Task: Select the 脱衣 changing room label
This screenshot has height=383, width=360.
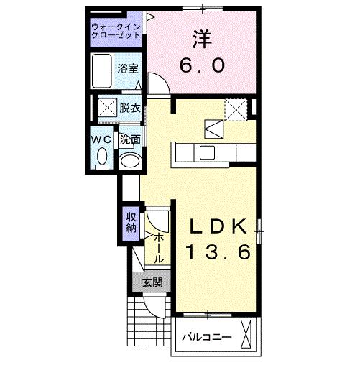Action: [130, 108]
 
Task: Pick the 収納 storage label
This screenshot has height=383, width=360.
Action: [131, 223]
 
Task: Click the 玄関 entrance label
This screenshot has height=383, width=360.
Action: [152, 283]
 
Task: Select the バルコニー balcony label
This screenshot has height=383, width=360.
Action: [206, 336]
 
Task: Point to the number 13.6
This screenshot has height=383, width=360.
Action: [219, 252]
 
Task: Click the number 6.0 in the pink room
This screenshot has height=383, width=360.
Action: [202, 65]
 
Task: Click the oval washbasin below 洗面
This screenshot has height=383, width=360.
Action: [129, 161]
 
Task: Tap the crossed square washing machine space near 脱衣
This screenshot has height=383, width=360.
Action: [107, 109]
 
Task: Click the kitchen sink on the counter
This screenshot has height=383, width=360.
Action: [207, 152]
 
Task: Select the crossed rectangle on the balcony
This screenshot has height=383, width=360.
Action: [248, 336]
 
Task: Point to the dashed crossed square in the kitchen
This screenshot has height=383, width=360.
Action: [235, 109]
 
